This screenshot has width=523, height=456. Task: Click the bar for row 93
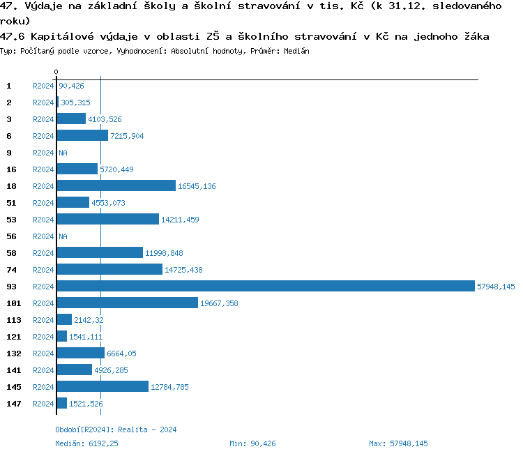265,287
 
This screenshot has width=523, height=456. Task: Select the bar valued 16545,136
116,186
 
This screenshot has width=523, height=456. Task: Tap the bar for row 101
127,303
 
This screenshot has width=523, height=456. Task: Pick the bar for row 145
103,387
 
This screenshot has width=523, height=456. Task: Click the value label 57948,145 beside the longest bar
496,287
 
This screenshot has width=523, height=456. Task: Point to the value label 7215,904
127,136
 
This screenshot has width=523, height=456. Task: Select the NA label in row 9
63,153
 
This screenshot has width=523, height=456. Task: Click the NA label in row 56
63,236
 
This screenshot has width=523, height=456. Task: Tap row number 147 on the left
14,404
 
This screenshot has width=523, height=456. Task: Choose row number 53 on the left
11,220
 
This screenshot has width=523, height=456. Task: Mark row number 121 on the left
14,337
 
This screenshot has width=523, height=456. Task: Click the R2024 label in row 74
43,270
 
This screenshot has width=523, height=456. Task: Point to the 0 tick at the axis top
56,73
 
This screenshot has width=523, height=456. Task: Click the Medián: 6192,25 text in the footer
86,443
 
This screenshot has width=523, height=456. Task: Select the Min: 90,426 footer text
252,443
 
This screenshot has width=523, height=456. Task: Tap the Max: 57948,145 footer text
398,443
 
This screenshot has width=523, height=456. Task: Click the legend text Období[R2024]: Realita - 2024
116,430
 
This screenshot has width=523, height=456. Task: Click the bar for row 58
100,253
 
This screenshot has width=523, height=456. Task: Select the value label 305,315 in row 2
75,102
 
